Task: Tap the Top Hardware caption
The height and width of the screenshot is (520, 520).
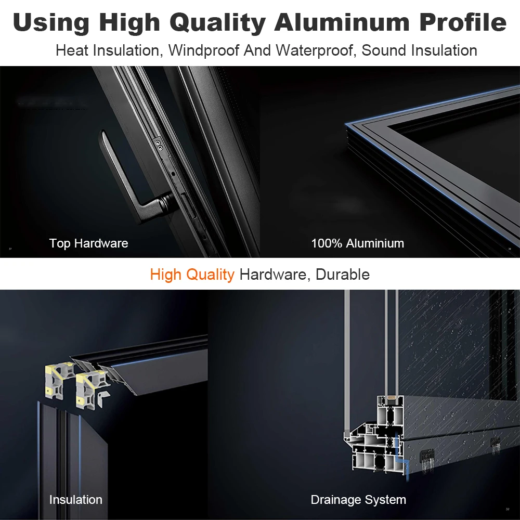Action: (x=88, y=243)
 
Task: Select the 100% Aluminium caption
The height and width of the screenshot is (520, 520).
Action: (x=357, y=243)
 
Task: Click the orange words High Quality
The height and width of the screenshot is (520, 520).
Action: (x=192, y=274)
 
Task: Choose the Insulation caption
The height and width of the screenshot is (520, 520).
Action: (x=76, y=500)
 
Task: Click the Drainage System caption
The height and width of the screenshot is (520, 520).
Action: (x=358, y=500)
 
